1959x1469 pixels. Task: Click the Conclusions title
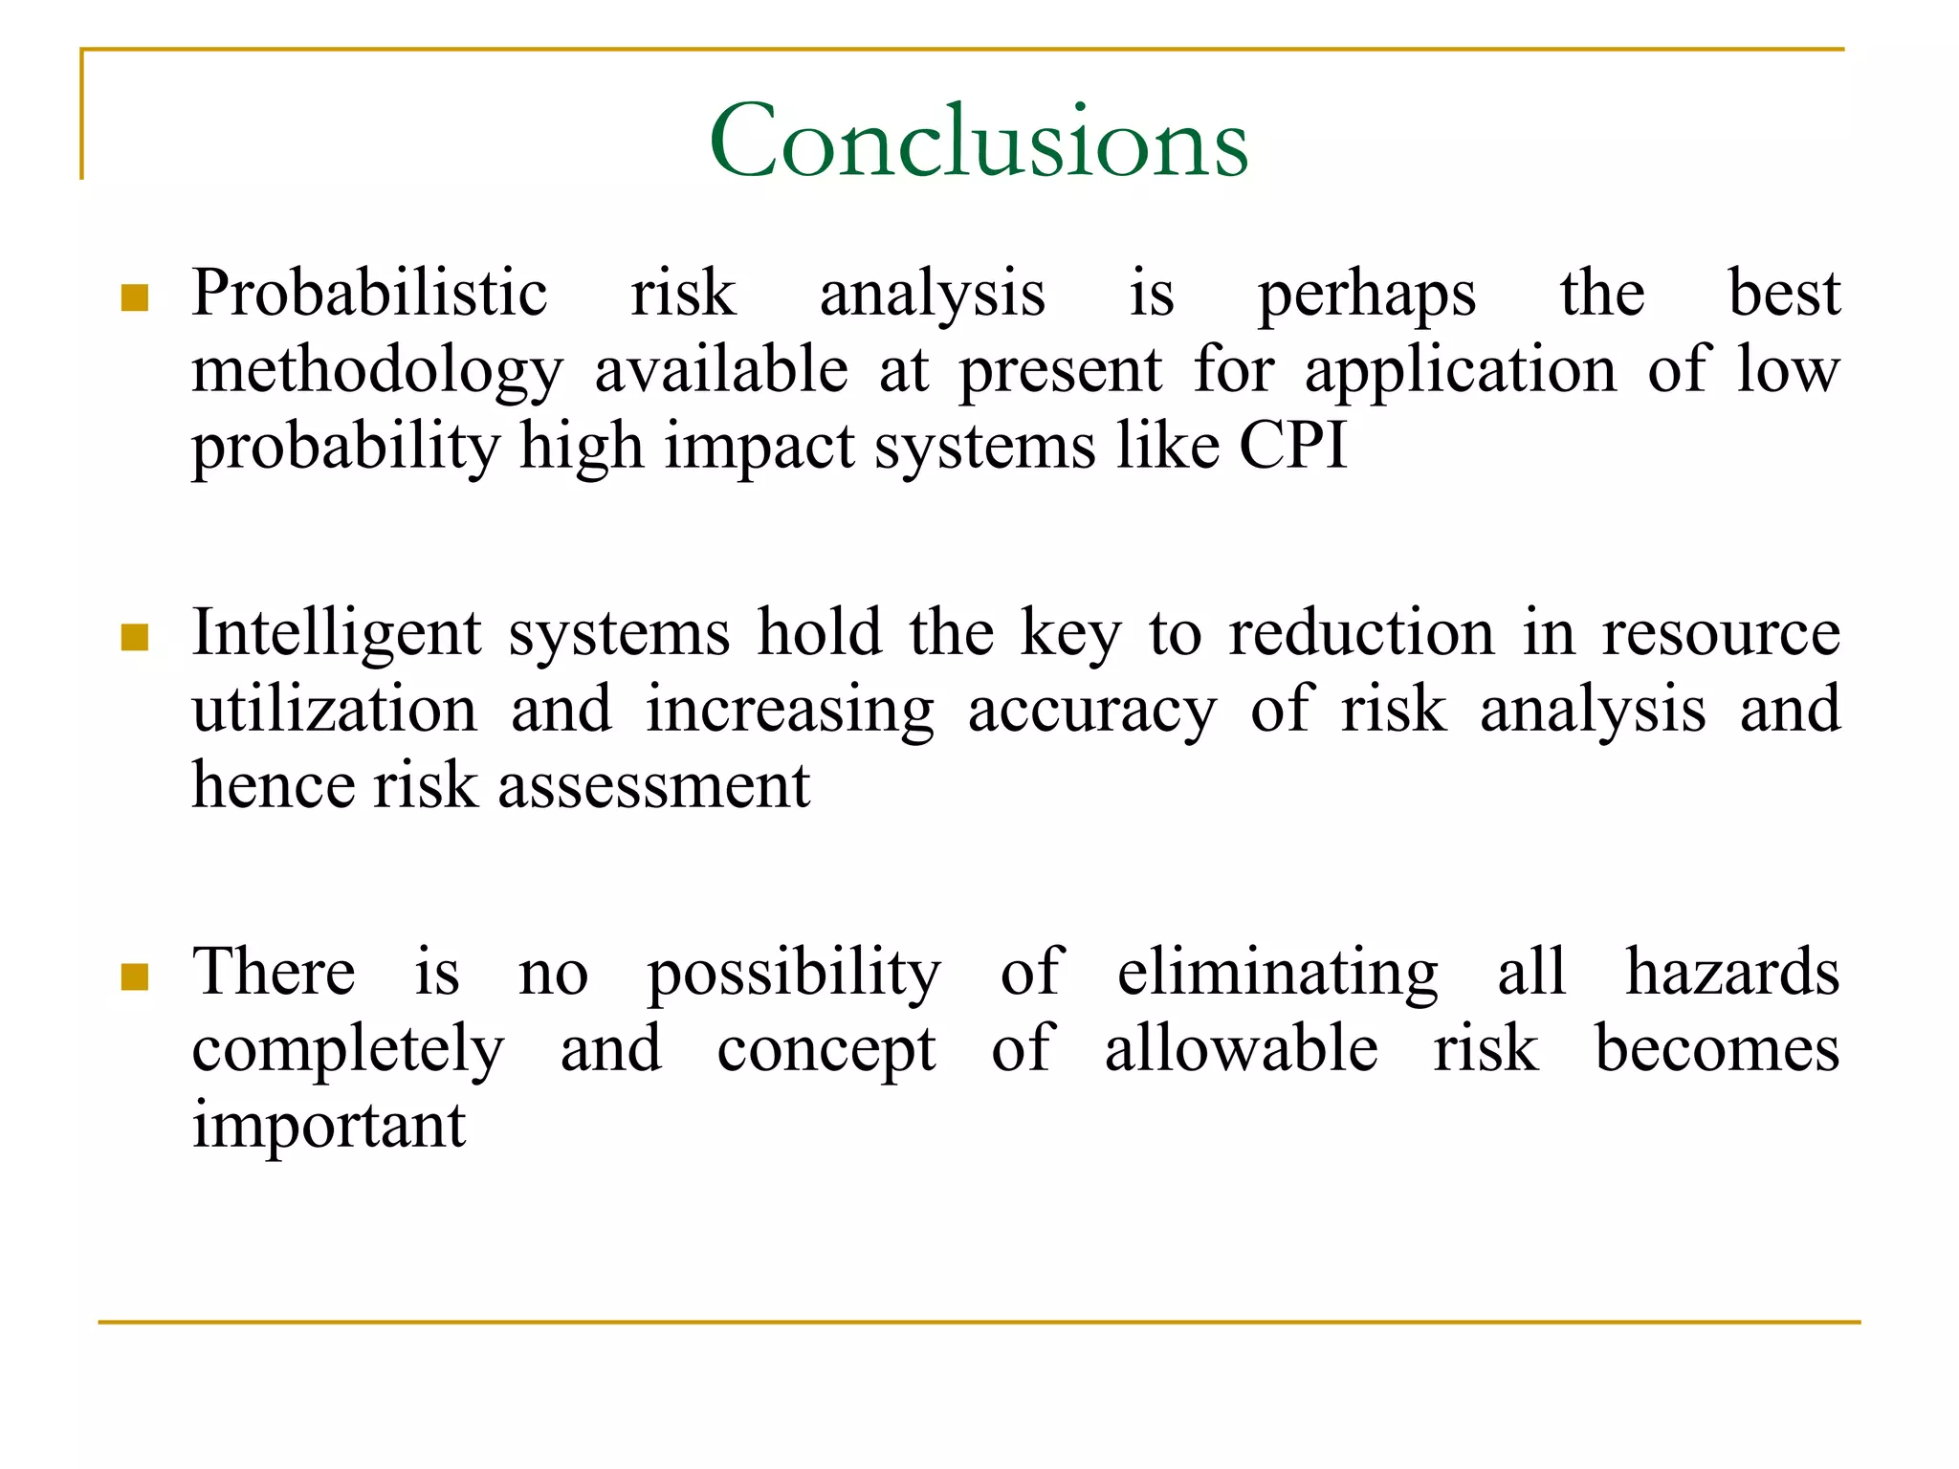click(979, 142)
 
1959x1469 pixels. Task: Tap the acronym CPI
click(1293, 446)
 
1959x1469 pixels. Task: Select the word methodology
click(377, 372)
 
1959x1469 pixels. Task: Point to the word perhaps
click(1367, 296)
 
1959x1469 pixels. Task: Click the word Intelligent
click(337, 635)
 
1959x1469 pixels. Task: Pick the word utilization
click(334, 710)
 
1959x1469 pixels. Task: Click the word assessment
click(653, 787)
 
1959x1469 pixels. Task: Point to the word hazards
click(1732, 973)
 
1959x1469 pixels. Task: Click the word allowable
click(1242, 1049)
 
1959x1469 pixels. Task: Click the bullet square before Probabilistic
click(135, 298)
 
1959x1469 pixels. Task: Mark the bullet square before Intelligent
click(135, 638)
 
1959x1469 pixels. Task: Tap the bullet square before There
click(135, 976)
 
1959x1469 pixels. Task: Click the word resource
click(1721, 635)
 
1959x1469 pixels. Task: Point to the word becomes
click(1717, 1049)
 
